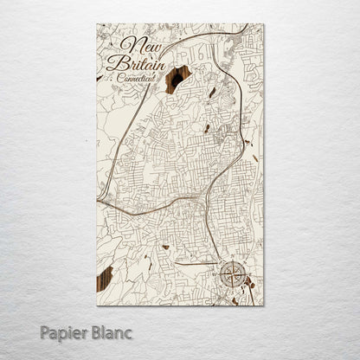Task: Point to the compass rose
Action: tap(232, 274)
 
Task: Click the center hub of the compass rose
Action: tap(232, 274)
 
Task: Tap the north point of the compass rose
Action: tap(232, 260)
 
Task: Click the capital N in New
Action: tap(127, 44)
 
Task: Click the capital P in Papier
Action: tap(45, 331)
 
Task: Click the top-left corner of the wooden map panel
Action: tap(97, 24)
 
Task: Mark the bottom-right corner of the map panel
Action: tap(264, 305)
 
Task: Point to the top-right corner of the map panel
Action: tap(264, 24)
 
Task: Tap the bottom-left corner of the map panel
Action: tap(97, 305)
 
